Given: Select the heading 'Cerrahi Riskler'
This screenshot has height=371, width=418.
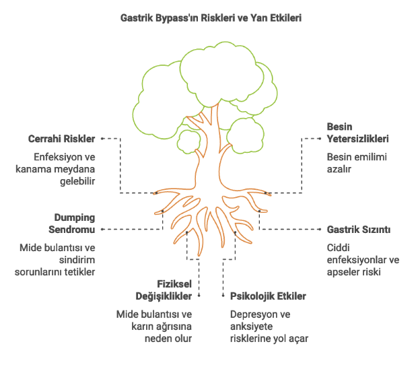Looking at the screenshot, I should [x=61, y=139].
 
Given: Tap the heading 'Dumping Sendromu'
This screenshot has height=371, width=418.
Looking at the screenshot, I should [x=75, y=224].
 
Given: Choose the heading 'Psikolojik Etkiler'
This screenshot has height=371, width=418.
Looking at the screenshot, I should [x=268, y=296].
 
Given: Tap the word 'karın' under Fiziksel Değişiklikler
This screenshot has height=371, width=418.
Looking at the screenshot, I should [x=139, y=327].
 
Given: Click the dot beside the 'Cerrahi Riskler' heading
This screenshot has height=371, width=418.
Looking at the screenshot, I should [x=103, y=139].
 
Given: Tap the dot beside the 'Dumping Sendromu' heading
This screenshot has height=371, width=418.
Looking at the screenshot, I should [x=103, y=230].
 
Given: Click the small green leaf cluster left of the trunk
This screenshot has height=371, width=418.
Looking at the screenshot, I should [x=189, y=140].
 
